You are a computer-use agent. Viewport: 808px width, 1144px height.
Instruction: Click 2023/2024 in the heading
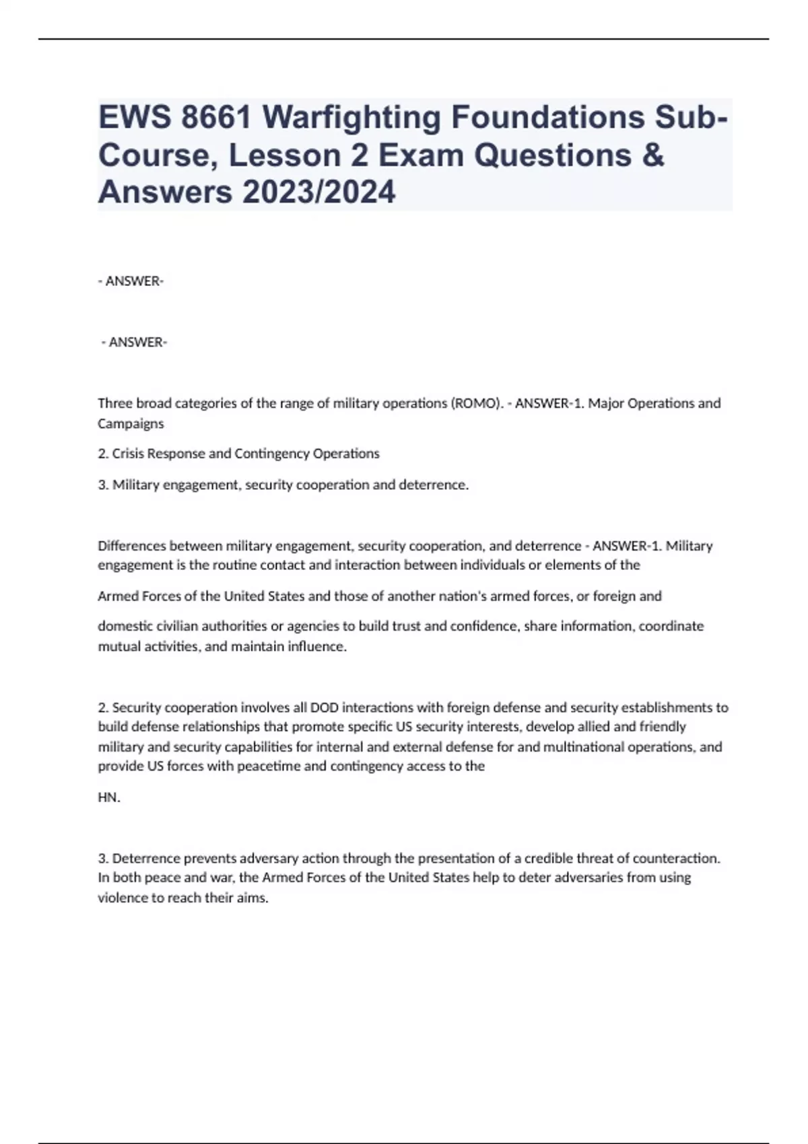[x=319, y=192]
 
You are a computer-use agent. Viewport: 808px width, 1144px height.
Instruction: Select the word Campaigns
[x=131, y=423]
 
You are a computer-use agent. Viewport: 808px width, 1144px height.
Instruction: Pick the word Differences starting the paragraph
[x=132, y=546]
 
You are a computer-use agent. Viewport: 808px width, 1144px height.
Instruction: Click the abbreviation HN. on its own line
[x=109, y=797]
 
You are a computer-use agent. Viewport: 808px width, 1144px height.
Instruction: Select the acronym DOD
[x=324, y=707]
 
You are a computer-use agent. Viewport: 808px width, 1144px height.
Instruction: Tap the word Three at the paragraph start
[x=115, y=403]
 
